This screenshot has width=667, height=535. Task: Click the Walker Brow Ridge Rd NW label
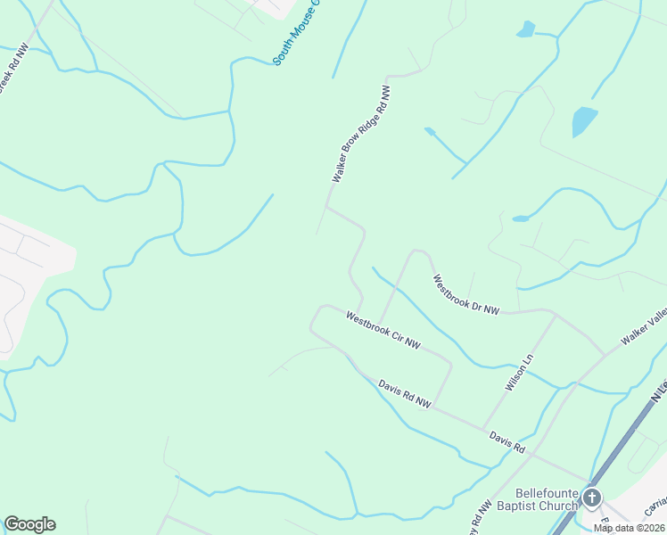(361, 135)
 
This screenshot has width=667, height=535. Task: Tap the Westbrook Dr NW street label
(466, 294)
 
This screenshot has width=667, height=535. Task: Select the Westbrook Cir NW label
(383, 330)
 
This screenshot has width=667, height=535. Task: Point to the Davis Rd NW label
(404, 394)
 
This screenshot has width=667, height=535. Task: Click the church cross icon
(592, 498)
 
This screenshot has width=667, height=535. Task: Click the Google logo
(29, 524)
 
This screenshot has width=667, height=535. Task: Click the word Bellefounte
(547, 493)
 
